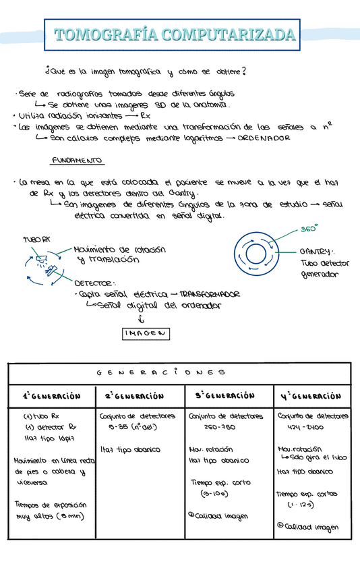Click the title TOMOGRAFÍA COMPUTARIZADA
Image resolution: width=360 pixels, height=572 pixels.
(x=174, y=35)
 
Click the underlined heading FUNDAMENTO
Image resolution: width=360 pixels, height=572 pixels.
(x=78, y=161)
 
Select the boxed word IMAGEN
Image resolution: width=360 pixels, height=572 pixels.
(x=146, y=334)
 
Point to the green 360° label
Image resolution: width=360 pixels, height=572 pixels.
(x=309, y=229)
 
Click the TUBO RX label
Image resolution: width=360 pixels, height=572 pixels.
(x=36, y=240)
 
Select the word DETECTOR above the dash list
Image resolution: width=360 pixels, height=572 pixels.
(x=94, y=284)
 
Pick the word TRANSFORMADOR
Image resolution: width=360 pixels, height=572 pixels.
(x=210, y=295)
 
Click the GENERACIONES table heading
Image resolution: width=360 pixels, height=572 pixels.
(x=179, y=372)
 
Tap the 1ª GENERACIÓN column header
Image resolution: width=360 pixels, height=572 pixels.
(x=52, y=397)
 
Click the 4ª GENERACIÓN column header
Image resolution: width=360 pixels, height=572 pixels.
(x=311, y=396)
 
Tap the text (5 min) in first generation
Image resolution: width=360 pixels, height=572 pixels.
(x=71, y=517)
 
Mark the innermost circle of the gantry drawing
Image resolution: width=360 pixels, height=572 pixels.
(x=256, y=254)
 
